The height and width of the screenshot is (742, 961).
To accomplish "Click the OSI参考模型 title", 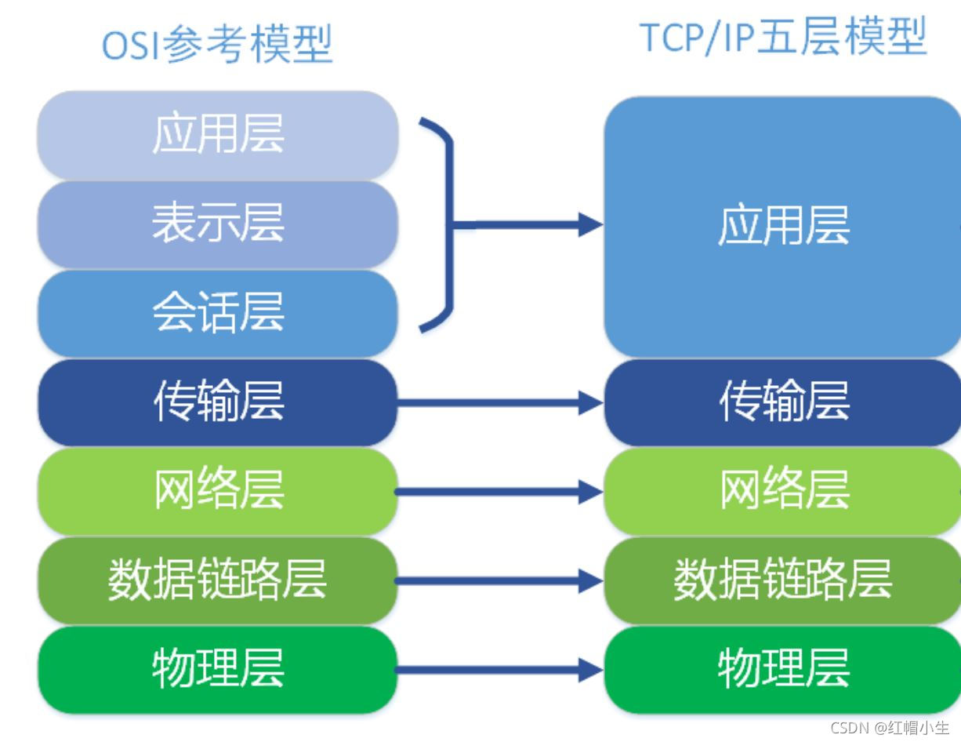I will pyautogui.click(x=217, y=45).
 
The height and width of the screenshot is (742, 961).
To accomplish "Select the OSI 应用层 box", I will pyautogui.click(x=218, y=136).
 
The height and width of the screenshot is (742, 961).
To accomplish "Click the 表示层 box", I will pyautogui.click(x=218, y=225).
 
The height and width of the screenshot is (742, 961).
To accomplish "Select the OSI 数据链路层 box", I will pyautogui.click(x=218, y=581).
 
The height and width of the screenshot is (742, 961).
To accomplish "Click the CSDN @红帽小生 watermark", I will pyautogui.click(x=890, y=728).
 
